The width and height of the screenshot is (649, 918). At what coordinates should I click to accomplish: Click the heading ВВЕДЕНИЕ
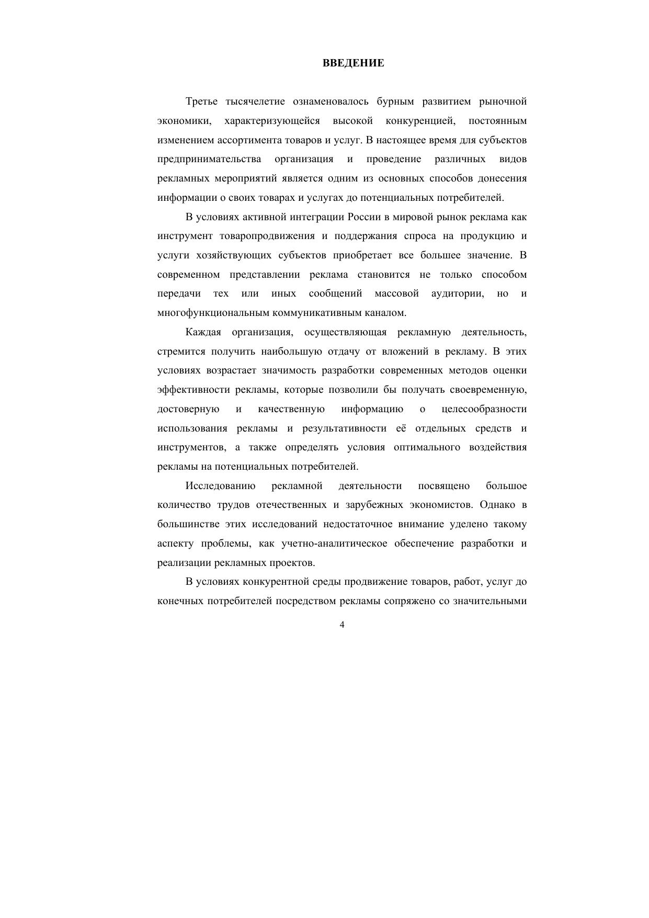pos(353,63)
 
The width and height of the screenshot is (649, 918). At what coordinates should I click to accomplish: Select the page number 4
pos(342,625)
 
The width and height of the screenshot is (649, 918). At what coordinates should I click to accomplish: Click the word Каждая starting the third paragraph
pos(203,332)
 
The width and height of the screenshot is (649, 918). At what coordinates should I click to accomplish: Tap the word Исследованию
pos(220,486)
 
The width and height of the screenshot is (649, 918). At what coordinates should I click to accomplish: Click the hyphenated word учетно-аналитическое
pos(334,543)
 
